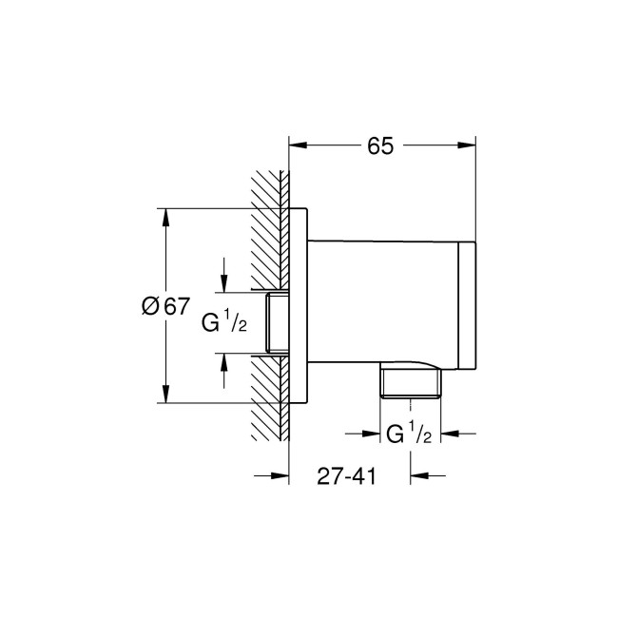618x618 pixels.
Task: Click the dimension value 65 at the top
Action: tap(380, 145)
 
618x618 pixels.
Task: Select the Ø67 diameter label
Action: tap(164, 306)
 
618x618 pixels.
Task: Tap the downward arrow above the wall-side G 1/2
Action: tap(223, 282)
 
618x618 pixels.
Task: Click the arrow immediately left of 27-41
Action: tap(279, 476)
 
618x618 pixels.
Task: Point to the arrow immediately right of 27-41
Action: tap(420, 476)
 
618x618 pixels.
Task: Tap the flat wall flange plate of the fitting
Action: tap(299, 306)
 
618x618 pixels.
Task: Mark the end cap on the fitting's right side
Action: tap(467, 306)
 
